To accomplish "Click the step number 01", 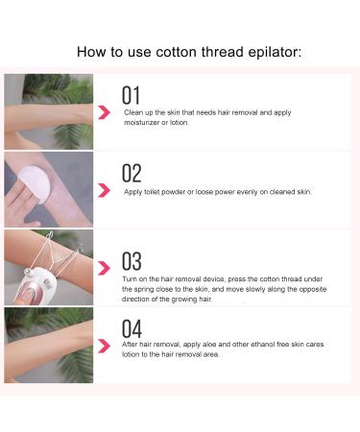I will point(132,94).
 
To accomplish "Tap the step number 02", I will point(132,173).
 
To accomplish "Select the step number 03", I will point(132,260).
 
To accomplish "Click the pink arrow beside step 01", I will point(104,112).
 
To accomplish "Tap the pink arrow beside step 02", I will point(104,191).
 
